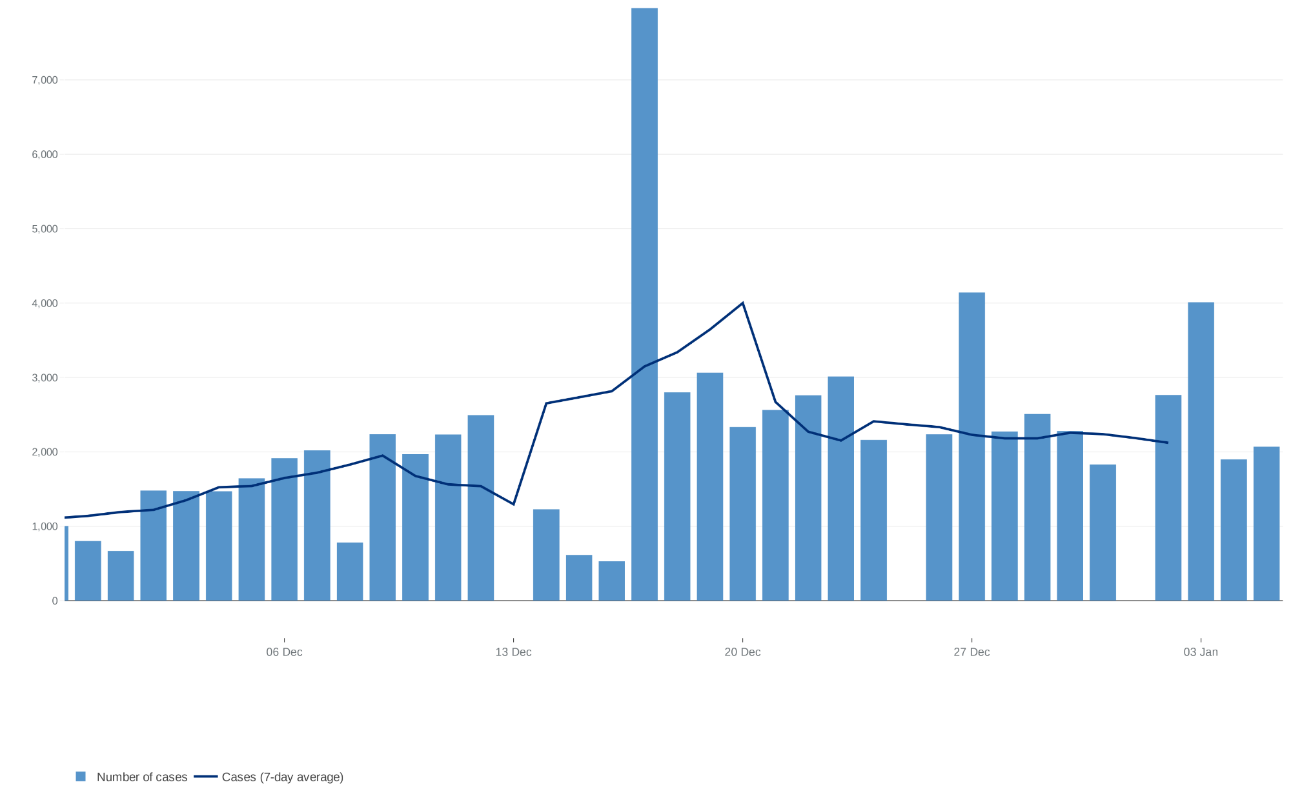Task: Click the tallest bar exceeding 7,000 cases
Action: click(644, 303)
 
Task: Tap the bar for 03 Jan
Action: click(1201, 452)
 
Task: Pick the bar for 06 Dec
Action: click(284, 529)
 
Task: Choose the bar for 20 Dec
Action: click(742, 514)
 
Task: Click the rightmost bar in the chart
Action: click(1266, 523)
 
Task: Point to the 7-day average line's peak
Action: click(742, 303)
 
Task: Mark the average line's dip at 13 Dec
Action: click(513, 504)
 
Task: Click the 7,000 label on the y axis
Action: click(45, 80)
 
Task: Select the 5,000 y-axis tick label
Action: click(45, 229)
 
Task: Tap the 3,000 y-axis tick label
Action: click(45, 377)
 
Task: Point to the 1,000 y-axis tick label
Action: click(45, 526)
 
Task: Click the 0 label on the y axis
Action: click(55, 601)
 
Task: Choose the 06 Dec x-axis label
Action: click(284, 652)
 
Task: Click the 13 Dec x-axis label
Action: click(513, 652)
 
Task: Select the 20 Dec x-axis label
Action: click(742, 652)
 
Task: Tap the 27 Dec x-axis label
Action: click(971, 652)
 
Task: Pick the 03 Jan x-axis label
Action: click(1201, 652)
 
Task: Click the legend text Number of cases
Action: click(141, 777)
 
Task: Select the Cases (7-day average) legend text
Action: click(282, 777)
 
